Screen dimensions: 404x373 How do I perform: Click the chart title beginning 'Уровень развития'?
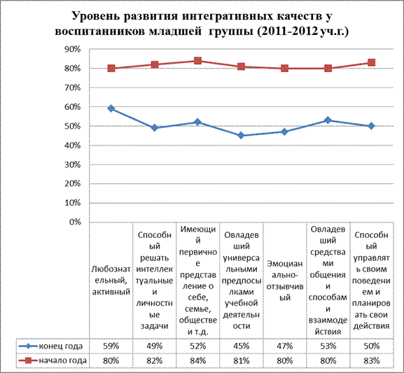[x=202, y=24]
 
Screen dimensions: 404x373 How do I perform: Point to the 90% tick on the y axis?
[x=72, y=49]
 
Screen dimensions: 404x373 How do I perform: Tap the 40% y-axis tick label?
[x=72, y=146]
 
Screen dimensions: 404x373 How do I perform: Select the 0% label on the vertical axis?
[x=75, y=222]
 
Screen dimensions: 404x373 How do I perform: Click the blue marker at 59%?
[x=111, y=108]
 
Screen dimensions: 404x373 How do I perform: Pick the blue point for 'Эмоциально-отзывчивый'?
[x=284, y=132]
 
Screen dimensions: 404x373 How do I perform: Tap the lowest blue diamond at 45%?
[x=241, y=135]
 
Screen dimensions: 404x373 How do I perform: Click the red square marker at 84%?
[x=197, y=61]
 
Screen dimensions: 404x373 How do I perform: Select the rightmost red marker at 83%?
[x=371, y=62]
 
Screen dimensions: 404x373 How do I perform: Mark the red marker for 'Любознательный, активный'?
[x=111, y=69]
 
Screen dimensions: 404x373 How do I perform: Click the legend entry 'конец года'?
[x=50, y=346]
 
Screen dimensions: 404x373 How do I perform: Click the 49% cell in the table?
[x=154, y=346]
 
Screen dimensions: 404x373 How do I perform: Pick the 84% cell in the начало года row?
[x=197, y=360]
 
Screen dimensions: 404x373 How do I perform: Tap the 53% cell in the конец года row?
[x=328, y=346]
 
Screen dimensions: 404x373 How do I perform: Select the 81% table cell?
[x=241, y=360]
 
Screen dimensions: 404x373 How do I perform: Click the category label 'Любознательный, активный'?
[x=111, y=281]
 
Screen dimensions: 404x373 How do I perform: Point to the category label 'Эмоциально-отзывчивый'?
[x=285, y=281]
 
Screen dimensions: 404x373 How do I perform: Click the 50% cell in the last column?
[x=371, y=346]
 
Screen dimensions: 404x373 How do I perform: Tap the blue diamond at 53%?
[x=328, y=120]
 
